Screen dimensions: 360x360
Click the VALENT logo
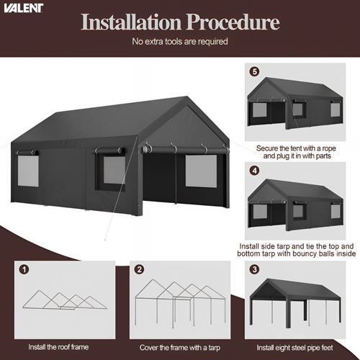(23, 8)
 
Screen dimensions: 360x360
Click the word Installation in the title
(131, 22)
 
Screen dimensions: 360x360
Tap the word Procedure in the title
(233, 22)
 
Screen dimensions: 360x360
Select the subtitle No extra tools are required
(180, 42)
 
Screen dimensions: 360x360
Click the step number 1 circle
(24, 269)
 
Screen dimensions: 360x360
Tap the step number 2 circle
(140, 269)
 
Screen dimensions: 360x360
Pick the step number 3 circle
(255, 269)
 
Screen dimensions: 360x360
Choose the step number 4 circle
(255, 171)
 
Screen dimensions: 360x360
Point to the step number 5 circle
(255, 72)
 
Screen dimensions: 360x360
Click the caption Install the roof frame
(58, 347)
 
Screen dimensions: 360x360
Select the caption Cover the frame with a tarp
(180, 348)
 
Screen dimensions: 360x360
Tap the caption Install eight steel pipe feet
(294, 348)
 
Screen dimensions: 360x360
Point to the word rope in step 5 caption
(329, 148)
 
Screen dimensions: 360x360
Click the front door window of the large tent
(201, 171)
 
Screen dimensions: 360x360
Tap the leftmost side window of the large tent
(28, 171)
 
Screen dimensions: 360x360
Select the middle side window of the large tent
(114, 170)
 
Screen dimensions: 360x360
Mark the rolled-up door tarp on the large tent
(185, 150)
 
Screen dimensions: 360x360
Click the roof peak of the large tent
(186, 97)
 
